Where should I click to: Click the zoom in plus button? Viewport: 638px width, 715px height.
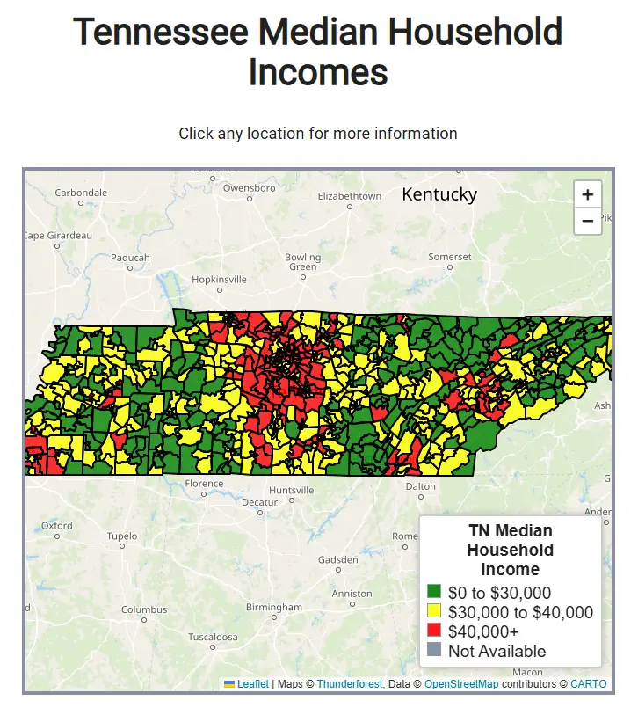point(587,194)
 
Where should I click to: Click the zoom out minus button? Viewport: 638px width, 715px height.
point(587,221)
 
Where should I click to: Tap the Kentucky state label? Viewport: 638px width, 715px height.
point(439,194)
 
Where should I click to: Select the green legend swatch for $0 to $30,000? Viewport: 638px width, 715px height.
point(433,592)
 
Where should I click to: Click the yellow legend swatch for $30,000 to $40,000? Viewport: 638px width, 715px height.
point(433,611)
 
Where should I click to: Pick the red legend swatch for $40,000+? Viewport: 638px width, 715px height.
point(433,631)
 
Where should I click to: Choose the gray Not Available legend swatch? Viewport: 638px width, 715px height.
point(433,651)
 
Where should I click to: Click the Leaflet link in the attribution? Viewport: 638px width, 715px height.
point(252,684)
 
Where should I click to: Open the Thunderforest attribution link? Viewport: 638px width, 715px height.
point(349,684)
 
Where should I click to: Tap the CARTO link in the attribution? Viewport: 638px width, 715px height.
point(588,684)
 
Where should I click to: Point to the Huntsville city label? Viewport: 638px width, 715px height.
point(291,490)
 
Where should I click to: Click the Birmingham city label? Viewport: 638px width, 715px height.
point(274,608)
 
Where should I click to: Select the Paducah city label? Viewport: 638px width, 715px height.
point(131,258)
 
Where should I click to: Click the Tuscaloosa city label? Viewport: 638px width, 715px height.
point(213,637)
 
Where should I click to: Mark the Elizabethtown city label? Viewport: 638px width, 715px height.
point(350,196)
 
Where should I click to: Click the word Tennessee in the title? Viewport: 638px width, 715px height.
point(159,33)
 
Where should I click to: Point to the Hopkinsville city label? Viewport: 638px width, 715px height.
point(220,279)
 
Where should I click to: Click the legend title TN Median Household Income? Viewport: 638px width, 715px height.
point(510,550)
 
